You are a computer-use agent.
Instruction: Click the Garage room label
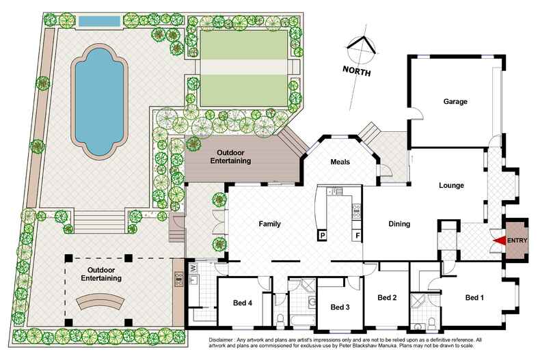(x=455, y=102)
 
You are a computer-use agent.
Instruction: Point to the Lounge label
(x=451, y=185)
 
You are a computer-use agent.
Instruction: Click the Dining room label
(x=399, y=223)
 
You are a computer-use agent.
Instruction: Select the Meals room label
(x=340, y=162)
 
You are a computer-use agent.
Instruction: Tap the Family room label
(x=270, y=223)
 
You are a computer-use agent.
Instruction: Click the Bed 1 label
(x=474, y=297)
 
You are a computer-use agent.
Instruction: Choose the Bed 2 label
(x=387, y=297)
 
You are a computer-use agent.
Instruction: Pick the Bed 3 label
(x=340, y=307)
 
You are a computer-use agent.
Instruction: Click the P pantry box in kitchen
(x=321, y=236)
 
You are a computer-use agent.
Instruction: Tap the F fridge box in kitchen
(x=356, y=236)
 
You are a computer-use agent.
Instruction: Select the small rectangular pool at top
(x=100, y=21)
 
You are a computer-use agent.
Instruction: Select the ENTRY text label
(x=517, y=240)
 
